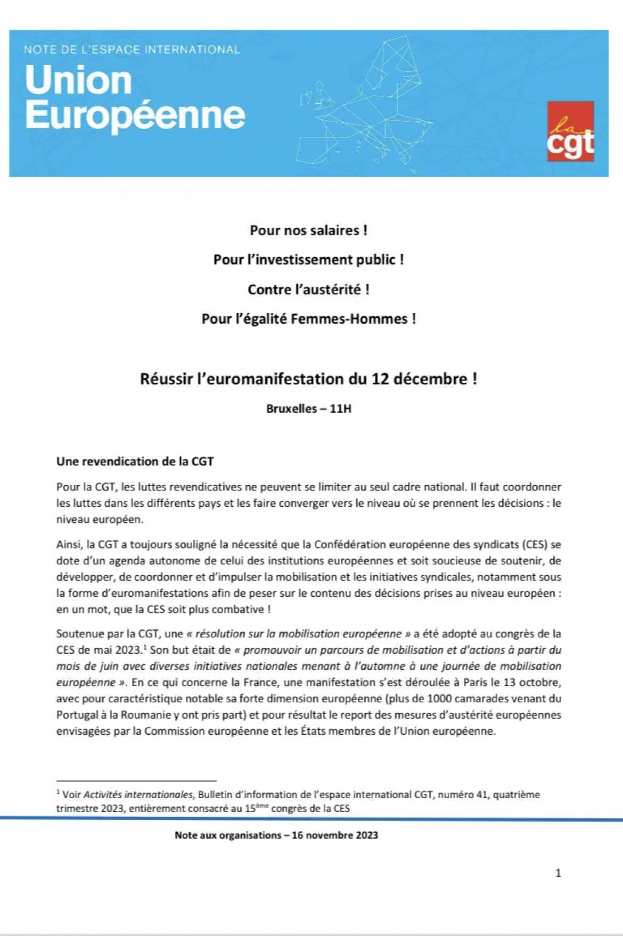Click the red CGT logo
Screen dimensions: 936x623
[x=570, y=131]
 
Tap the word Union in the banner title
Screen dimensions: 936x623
[x=78, y=80]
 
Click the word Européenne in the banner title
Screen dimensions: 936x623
[x=135, y=114]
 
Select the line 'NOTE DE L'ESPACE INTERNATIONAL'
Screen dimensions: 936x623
[x=132, y=50]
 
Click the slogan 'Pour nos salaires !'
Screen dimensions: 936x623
[x=308, y=231]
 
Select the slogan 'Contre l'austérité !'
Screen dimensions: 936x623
[x=308, y=290]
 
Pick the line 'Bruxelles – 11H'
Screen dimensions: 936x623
[x=308, y=409]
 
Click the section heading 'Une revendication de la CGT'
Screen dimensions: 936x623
[x=135, y=462]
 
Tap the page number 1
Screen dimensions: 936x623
[x=558, y=873]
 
